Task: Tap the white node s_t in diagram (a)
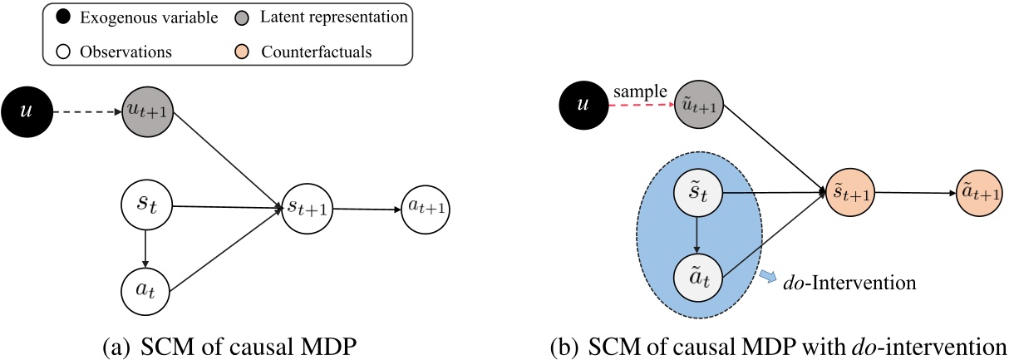145,205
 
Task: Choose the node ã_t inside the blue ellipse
698,279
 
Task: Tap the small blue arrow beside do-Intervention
770,276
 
